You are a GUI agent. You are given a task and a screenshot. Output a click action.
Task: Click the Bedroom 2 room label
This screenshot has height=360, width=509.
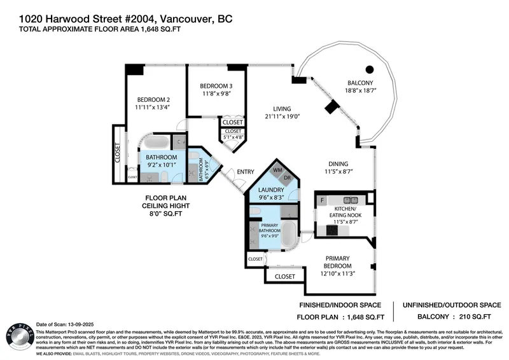(152, 99)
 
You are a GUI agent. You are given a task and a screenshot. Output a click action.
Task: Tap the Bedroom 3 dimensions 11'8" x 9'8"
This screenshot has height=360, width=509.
(216, 94)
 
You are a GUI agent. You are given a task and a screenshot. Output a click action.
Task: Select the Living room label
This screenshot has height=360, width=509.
(278, 108)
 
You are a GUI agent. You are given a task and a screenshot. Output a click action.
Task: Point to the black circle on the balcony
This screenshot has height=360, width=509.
(369, 69)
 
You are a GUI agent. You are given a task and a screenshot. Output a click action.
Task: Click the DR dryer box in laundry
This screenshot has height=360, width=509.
(287, 177)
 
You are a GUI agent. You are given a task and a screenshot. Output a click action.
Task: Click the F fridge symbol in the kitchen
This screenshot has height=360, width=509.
(323, 200)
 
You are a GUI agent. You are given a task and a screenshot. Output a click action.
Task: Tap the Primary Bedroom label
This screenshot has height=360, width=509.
(337, 261)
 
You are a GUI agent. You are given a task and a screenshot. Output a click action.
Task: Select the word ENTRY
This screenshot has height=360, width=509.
(245, 172)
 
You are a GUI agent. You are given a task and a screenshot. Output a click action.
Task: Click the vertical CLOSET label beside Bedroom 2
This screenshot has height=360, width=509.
(118, 153)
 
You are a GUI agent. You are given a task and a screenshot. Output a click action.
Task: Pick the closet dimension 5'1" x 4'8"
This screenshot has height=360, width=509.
(233, 135)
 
